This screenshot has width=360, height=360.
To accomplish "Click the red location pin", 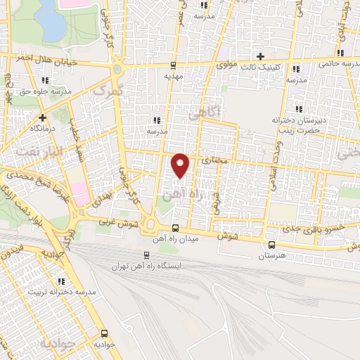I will pos(181,165).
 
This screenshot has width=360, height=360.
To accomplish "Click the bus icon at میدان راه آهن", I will pos(175,228).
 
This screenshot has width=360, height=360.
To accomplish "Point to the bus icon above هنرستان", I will pos(271,244).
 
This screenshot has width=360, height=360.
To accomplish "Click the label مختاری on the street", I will pos(215,161).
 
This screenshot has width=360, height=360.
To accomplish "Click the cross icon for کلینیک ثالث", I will pos(260,56).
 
